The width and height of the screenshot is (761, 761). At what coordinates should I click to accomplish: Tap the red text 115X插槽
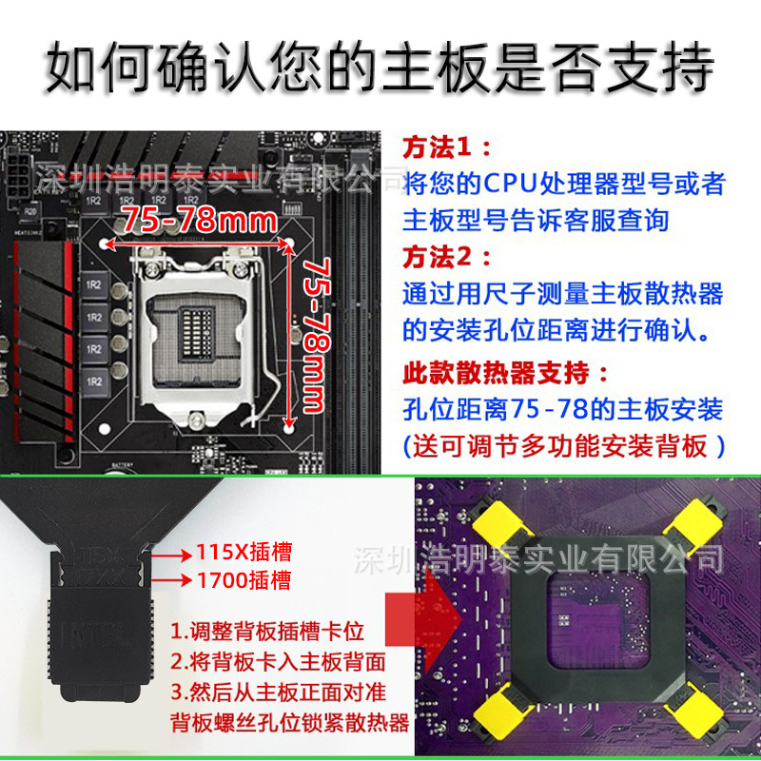coord(244,552)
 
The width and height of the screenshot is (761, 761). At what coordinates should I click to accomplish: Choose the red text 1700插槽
coord(244,579)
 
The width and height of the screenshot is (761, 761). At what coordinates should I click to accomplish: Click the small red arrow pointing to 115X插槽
coord(174,553)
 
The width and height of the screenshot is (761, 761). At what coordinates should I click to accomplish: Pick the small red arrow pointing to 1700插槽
coord(174,579)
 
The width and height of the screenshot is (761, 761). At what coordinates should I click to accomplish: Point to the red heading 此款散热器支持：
coord(504,370)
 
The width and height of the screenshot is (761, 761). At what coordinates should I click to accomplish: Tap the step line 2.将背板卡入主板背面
coord(276,661)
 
